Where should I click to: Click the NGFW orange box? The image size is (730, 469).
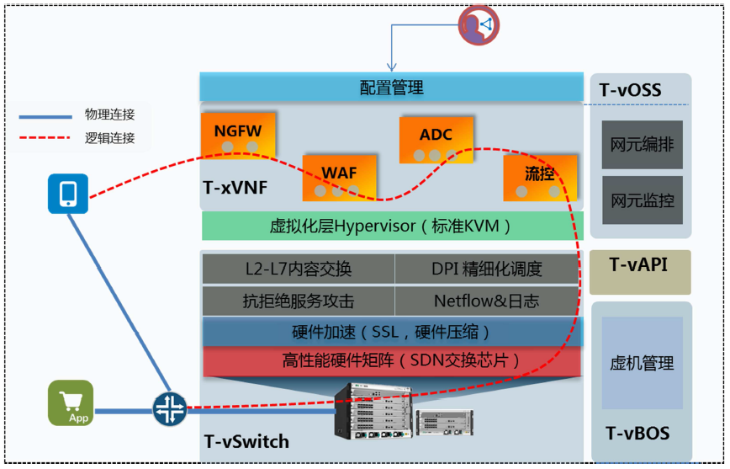[238, 134]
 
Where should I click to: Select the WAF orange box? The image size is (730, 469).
[339, 176]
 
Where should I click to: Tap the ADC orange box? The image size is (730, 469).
[436, 140]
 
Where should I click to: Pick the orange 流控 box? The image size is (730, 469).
[540, 177]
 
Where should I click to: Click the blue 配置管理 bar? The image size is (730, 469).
[391, 87]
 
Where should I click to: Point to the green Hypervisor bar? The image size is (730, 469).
[391, 226]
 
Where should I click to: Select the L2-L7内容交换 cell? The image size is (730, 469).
[299, 269]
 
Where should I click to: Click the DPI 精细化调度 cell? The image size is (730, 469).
[487, 269]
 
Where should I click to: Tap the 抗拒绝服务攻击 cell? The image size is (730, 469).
[299, 300]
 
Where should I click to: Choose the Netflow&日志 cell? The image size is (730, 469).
[487, 300]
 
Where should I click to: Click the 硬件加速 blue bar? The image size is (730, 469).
[391, 332]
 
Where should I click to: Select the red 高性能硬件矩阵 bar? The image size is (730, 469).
[391, 361]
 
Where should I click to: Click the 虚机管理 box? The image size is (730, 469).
[642, 363]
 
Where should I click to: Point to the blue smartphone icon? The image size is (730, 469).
[68, 194]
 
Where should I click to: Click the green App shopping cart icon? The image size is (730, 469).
[70, 402]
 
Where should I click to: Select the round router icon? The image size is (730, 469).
[169, 409]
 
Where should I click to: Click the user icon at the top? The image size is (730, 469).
[478, 25]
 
